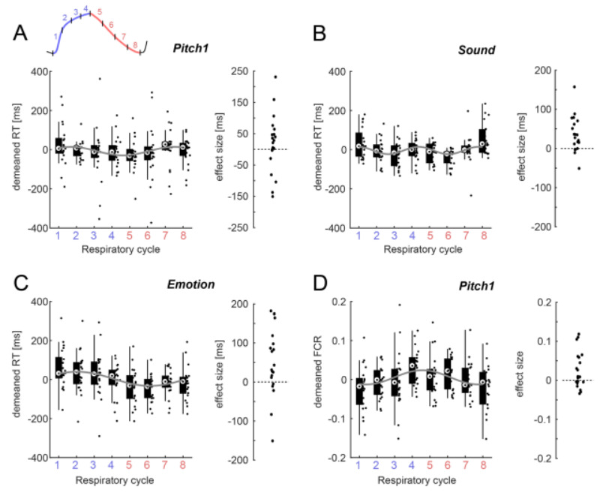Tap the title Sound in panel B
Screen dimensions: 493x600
tap(474, 50)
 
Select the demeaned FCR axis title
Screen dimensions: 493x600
tap(321, 379)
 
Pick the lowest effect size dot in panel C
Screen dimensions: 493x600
tap(272, 441)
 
